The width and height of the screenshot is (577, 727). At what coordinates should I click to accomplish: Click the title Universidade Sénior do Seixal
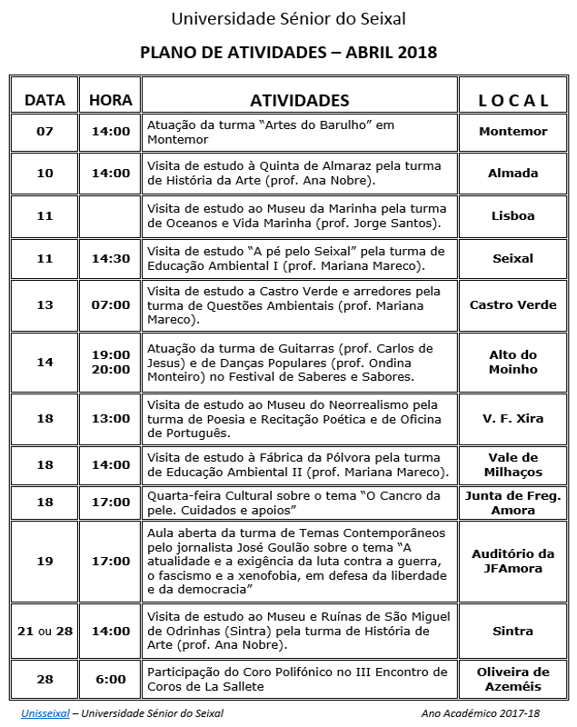pyautogui.click(x=288, y=18)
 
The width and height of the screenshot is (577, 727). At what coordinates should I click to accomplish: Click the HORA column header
pyautogui.click(x=111, y=100)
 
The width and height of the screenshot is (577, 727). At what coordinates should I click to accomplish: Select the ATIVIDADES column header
pyautogui.click(x=300, y=100)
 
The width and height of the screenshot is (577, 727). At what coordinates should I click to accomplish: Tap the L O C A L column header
pyautogui.click(x=513, y=100)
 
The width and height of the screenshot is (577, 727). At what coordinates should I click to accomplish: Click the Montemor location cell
pyautogui.click(x=513, y=132)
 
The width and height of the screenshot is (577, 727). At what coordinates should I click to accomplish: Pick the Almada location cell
pyautogui.click(x=513, y=174)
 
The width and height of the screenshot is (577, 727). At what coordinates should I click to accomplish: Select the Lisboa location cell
pyautogui.click(x=513, y=216)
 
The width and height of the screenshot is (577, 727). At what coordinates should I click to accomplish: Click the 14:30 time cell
pyautogui.click(x=111, y=259)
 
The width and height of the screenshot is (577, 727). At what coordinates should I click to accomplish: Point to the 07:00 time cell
pyautogui.click(x=111, y=305)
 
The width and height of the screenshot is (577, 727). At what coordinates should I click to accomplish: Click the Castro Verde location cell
pyautogui.click(x=513, y=305)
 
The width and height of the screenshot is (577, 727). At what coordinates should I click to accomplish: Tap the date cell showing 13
pyautogui.click(x=45, y=305)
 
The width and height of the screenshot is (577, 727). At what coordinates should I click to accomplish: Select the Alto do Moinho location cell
pyautogui.click(x=513, y=363)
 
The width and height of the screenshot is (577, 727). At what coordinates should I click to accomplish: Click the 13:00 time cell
pyautogui.click(x=111, y=419)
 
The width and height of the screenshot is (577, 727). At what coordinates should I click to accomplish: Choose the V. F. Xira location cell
pyautogui.click(x=513, y=419)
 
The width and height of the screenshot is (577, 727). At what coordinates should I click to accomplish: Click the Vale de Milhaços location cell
pyautogui.click(x=513, y=465)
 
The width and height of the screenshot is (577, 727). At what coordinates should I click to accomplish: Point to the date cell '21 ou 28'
pyautogui.click(x=45, y=631)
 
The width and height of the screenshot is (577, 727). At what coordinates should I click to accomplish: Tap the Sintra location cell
pyautogui.click(x=513, y=631)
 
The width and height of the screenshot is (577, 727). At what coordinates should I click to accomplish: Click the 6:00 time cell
pyautogui.click(x=111, y=679)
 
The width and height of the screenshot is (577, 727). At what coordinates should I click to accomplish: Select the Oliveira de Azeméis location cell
pyautogui.click(x=513, y=679)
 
